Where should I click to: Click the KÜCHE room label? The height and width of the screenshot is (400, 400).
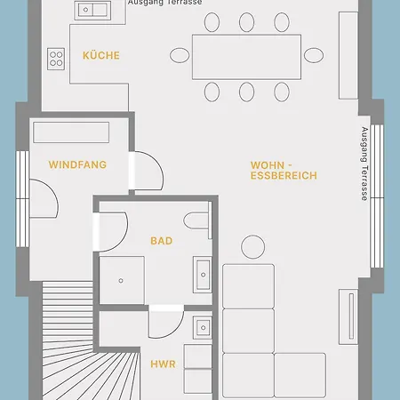101,55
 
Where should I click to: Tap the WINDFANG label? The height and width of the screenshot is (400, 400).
77,164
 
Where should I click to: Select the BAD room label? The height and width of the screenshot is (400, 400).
162,241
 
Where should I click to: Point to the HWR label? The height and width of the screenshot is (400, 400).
163,364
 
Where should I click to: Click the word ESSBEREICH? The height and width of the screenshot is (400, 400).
284,176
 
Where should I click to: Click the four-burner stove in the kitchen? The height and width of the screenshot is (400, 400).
56,59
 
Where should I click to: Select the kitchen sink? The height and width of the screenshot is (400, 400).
92,10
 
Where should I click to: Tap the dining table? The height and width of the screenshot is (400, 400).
246,57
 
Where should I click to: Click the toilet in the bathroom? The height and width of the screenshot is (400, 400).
196,220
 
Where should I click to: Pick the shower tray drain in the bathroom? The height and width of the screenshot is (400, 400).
121,281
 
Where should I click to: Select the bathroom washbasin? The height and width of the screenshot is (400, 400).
203,275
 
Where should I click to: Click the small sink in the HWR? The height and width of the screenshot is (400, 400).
203,327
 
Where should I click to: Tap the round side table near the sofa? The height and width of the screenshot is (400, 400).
253,247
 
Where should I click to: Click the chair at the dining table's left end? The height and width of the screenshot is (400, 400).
180,55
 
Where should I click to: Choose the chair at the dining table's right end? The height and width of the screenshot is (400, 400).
314,55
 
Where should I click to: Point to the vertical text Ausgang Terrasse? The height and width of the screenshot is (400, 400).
364,164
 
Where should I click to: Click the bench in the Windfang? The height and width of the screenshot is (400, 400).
71,132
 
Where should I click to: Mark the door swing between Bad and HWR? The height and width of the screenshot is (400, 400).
166,322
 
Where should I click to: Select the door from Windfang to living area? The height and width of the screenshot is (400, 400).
146,171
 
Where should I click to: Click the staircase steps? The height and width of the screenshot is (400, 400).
68,326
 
